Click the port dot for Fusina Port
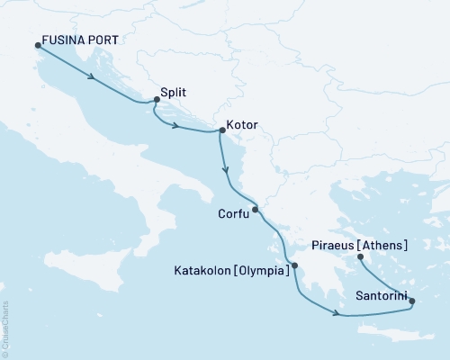point(38,45)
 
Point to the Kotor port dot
point(221,130)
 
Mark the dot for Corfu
point(256,210)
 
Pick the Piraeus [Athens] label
point(358,245)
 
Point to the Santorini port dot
point(412,302)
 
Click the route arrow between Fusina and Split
point(92,77)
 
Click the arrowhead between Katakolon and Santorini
point(336,313)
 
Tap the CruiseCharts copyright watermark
point(5,328)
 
